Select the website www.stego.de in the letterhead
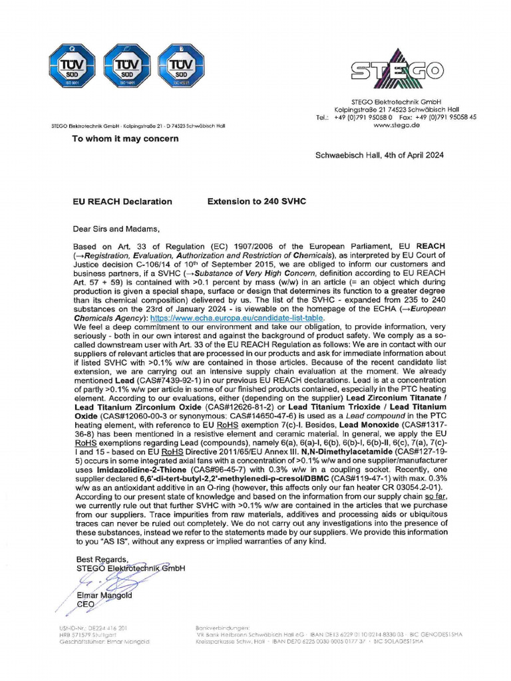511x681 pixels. pos(397,125)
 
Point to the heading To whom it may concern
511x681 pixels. pos(125,138)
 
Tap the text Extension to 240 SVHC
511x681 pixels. pos(256,202)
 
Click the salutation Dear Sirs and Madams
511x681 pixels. pos(116,230)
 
